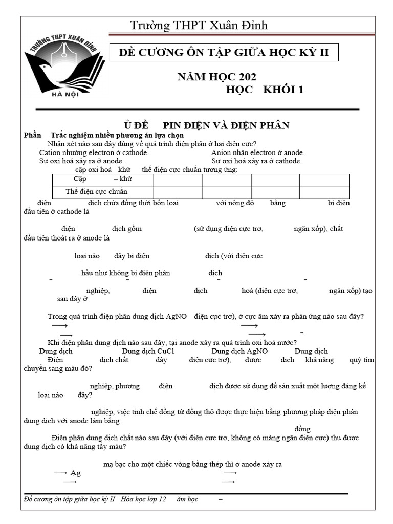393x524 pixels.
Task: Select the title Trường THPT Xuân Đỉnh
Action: point(199,26)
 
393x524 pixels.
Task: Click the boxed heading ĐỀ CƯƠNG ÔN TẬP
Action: point(227,52)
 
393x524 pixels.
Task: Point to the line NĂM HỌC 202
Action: point(216,77)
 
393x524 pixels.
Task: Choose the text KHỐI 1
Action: point(283,90)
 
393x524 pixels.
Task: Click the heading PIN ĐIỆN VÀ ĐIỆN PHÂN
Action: point(226,125)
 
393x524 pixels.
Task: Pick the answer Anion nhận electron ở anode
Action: point(257,152)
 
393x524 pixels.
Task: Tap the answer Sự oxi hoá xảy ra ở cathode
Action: point(256,161)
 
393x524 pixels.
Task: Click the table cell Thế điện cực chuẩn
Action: point(93,192)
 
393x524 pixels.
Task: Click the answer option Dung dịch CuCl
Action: point(148,351)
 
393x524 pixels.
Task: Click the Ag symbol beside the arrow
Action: point(75,473)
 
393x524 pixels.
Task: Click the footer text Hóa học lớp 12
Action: point(144,499)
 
